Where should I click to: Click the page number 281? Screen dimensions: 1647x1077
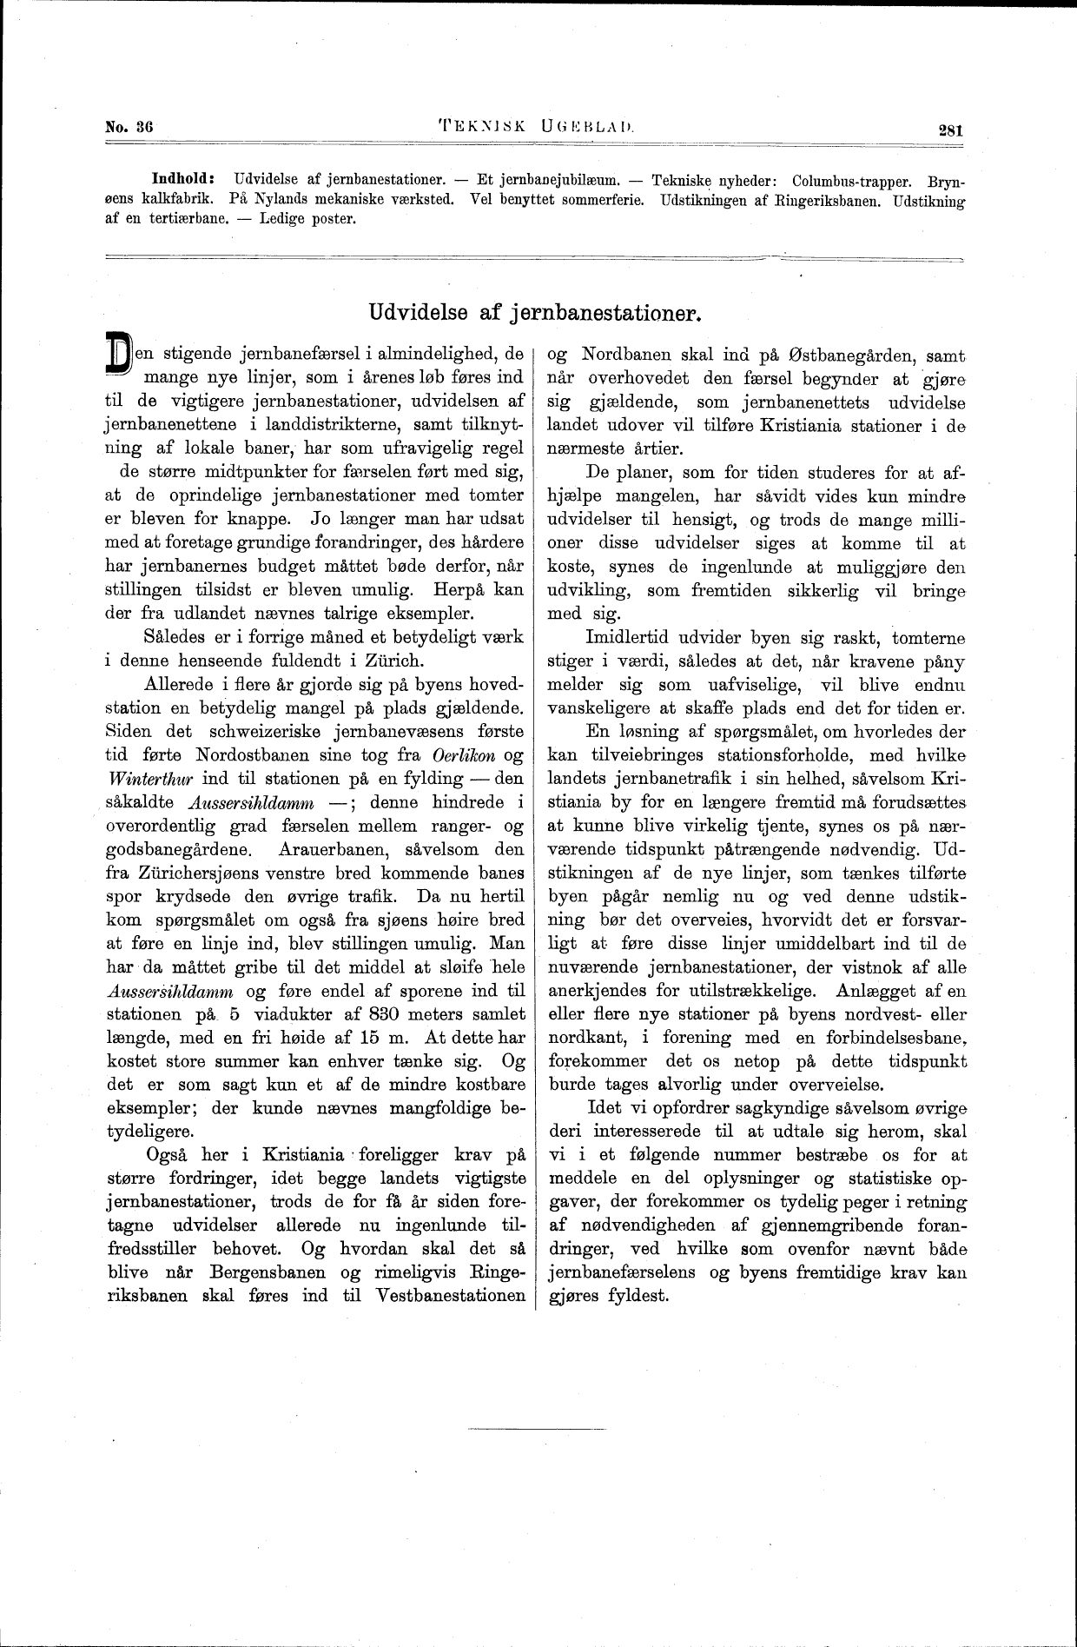[953, 130]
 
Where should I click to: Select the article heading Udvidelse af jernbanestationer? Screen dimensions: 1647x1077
[535, 312]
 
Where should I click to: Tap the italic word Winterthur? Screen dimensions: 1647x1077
[144, 779]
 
